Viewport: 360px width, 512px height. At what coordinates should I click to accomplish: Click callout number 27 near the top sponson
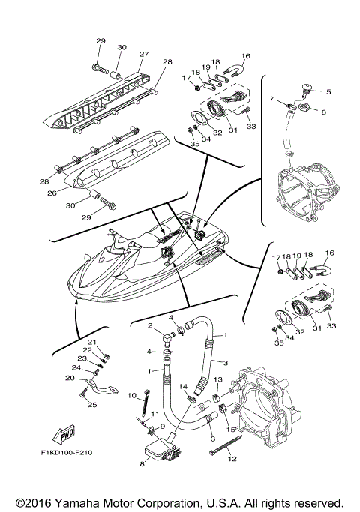[143, 54]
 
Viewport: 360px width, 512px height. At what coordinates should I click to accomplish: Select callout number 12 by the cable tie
[231, 458]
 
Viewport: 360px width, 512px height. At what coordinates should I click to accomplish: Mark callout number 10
[130, 395]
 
